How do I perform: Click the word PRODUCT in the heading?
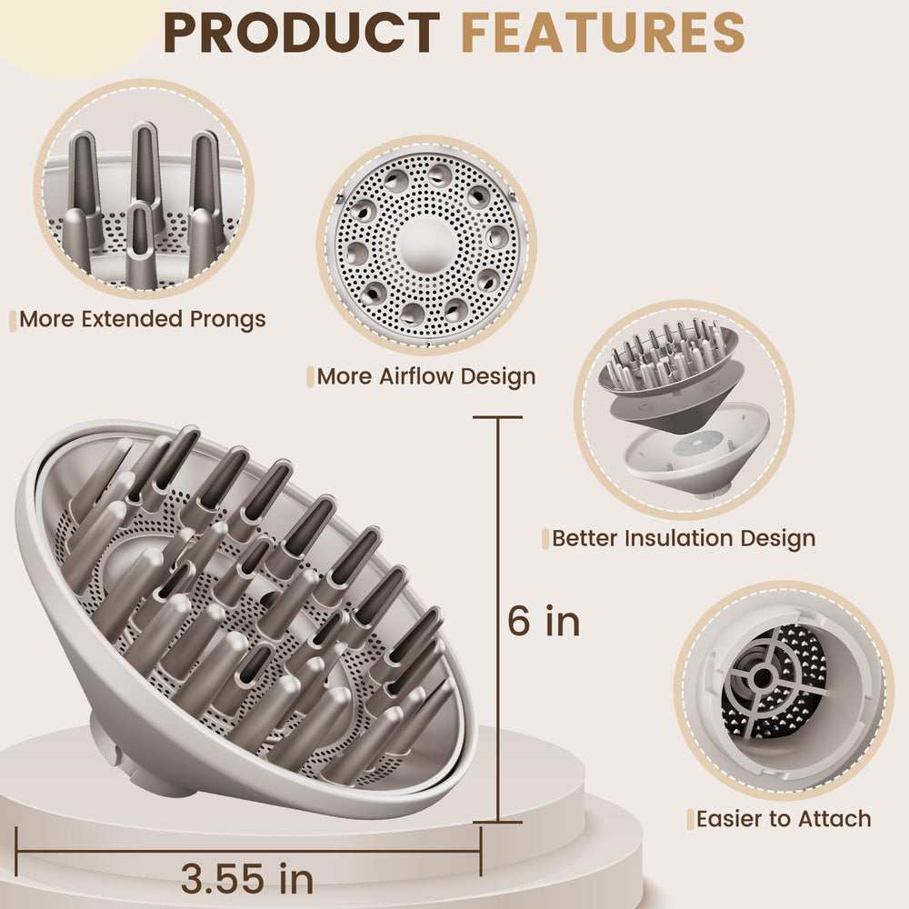coord(302,33)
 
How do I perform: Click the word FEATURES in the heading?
coord(603,33)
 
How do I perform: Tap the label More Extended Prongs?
coord(143,319)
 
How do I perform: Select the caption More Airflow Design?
coord(426,377)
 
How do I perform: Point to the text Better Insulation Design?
coord(684,538)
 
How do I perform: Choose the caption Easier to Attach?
coord(784,819)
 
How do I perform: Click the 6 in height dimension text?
coord(544,621)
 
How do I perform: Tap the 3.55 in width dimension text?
coord(247,878)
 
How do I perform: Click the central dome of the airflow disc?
coord(426,244)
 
